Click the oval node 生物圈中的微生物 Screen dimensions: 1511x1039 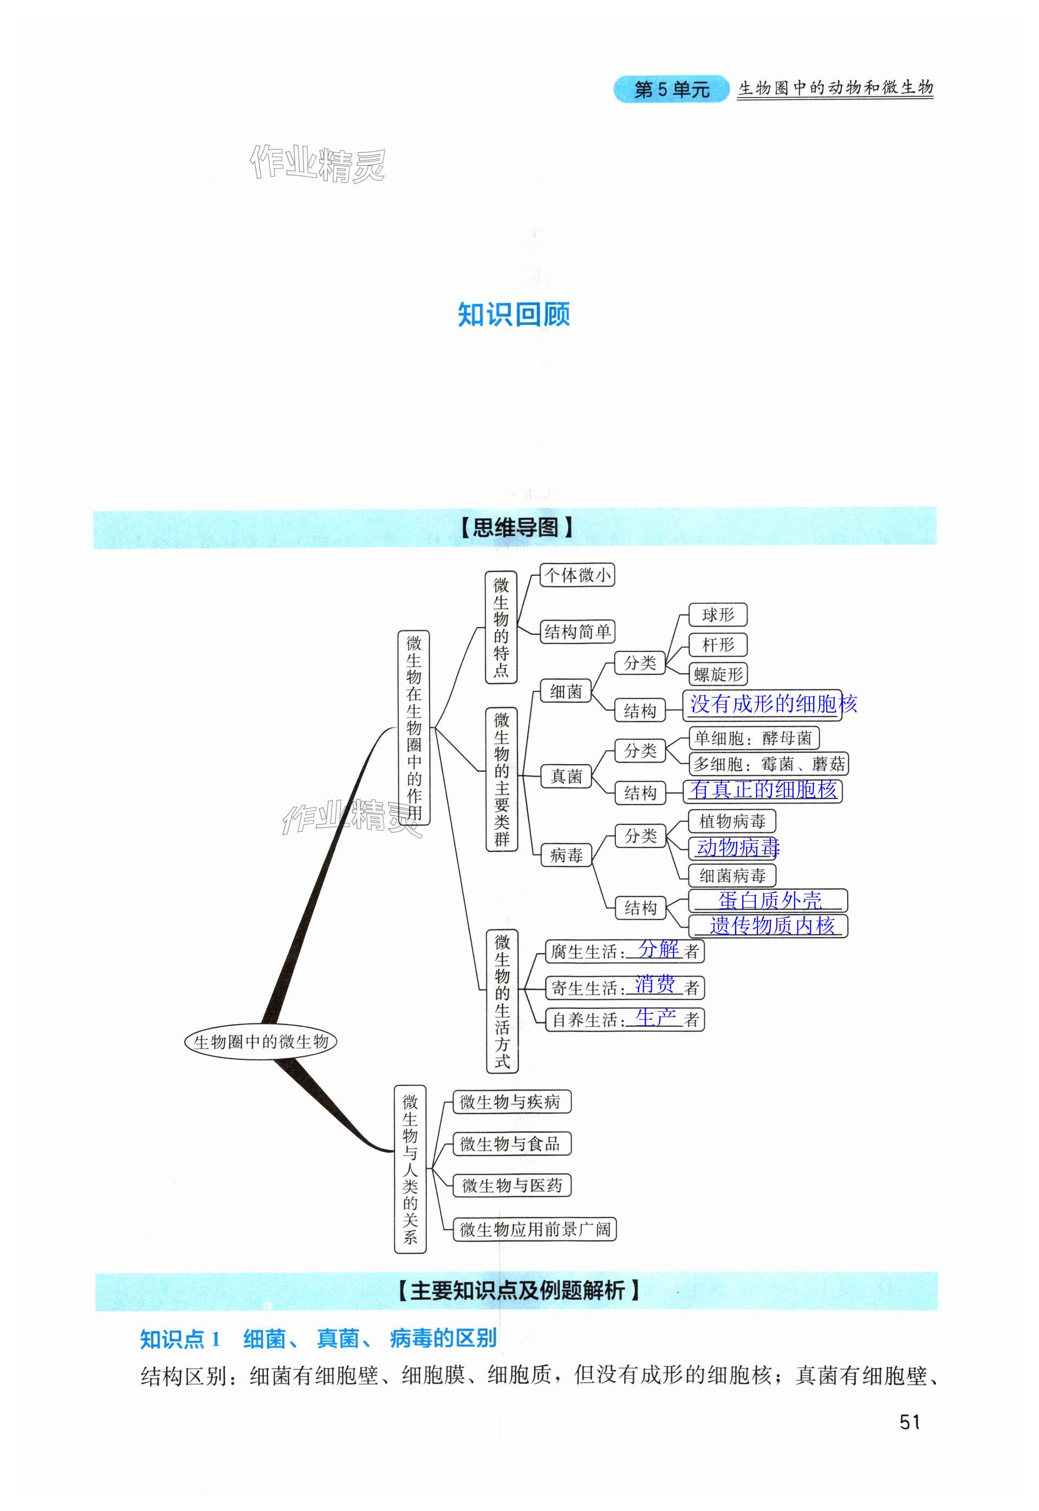261,1042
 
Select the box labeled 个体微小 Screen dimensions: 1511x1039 577,575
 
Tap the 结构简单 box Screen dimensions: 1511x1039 577,631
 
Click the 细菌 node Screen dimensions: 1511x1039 566,691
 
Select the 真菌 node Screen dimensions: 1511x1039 566,776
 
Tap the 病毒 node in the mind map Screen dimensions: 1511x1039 566,855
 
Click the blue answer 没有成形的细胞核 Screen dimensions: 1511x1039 772,704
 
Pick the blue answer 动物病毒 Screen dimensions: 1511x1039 738,847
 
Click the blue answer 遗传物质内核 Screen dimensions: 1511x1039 771,926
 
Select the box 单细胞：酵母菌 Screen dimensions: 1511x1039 753,738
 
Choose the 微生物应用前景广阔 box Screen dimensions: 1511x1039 535,1229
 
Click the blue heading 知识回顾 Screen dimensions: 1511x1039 514,315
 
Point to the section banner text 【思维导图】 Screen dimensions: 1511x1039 516,527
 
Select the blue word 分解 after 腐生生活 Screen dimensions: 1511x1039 658,949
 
